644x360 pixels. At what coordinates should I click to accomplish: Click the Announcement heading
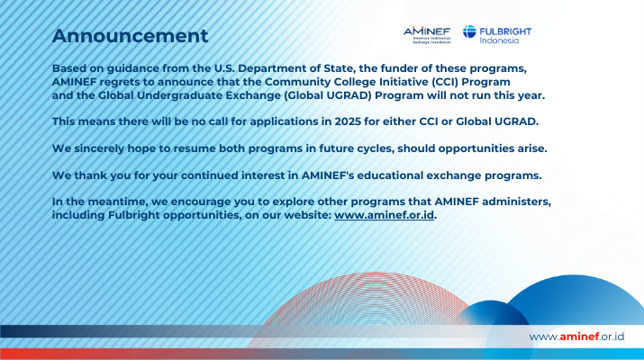(x=130, y=36)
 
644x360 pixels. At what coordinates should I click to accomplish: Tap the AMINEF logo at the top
(x=427, y=35)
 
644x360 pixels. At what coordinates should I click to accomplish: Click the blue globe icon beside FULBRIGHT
(x=469, y=31)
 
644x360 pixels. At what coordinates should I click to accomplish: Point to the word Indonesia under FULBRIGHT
(x=499, y=40)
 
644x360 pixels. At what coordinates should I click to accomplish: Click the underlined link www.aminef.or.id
(x=384, y=215)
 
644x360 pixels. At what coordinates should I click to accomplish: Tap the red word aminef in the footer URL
(x=579, y=337)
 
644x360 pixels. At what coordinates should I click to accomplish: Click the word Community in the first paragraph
(x=294, y=82)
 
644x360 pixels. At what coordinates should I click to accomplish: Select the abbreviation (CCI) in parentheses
(x=445, y=82)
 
